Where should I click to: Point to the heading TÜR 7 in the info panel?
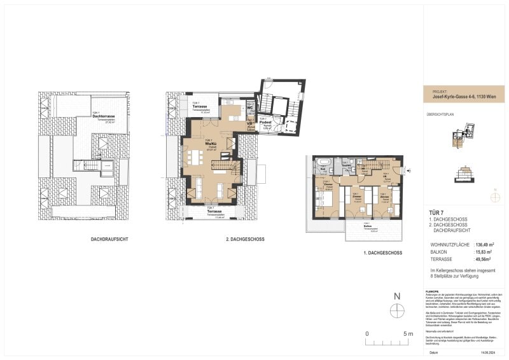click(436, 213)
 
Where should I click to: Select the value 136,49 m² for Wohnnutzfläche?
click(482, 243)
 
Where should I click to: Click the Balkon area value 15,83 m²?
click(480, 251)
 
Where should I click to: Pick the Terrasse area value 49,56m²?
click(480, 260)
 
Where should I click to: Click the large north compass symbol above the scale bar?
click(397, 310)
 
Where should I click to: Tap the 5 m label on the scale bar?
click(408, 334)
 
